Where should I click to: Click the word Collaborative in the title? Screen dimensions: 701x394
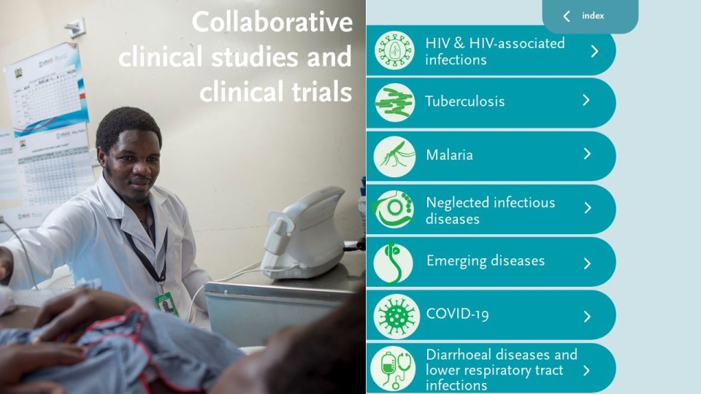click(272, 22)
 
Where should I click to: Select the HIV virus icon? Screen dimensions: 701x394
click(394, 50)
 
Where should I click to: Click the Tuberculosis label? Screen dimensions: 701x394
click(464, 101)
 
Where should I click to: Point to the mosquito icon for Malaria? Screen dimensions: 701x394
click(394, 156)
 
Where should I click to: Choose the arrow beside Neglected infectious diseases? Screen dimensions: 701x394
click(588, 208)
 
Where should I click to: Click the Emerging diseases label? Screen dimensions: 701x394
click(486, 261)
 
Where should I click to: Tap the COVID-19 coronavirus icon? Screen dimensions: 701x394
click(396, 316)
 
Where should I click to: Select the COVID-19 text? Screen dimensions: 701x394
click(457, 314)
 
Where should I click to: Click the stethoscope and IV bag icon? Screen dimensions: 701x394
click(394, 368)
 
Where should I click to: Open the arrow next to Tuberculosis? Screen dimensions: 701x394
click(586, 101)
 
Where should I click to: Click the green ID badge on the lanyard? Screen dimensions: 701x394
click(166, 304)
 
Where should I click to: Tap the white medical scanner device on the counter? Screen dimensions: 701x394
click(304, 234)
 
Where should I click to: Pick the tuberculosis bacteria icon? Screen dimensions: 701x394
click(394, 103)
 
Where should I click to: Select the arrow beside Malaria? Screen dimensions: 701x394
click(587, 154)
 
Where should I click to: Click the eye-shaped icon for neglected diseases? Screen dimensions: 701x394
click(394, 209)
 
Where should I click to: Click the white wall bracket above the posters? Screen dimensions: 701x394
click(75, 27)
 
